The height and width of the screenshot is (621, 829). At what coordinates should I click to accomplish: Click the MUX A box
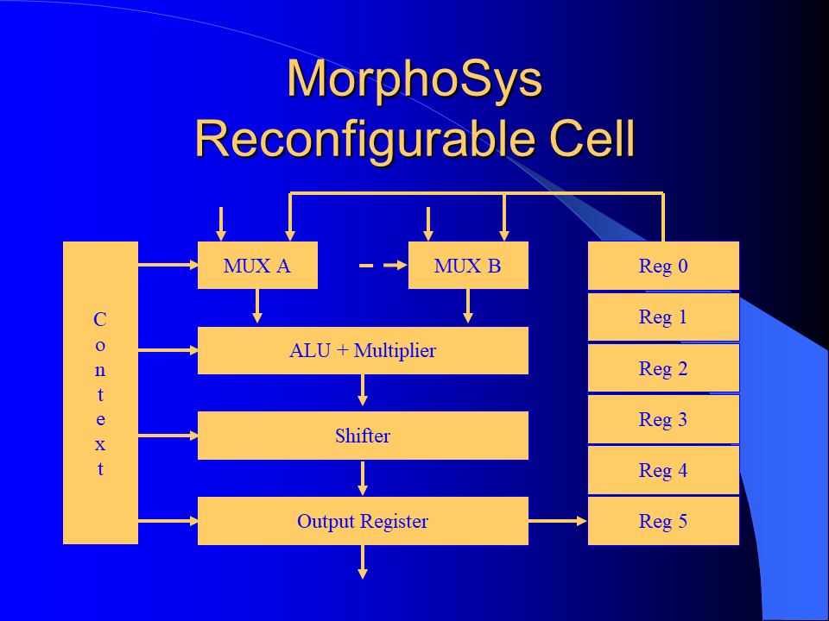click(257, 265)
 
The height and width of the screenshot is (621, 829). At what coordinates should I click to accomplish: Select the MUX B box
click(468, 265)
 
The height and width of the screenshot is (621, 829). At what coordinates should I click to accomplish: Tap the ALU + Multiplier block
click(363, 351)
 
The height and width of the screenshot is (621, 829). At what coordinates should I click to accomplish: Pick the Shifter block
click(363, 436)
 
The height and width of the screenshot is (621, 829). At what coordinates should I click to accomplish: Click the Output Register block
click(363, 521)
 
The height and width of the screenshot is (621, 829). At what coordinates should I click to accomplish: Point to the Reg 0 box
click(663, 266)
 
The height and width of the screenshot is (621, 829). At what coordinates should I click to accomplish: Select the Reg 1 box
click(663, 317)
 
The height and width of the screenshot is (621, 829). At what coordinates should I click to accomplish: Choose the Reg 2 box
click(663, 368)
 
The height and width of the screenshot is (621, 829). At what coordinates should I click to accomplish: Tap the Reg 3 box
click(663, 419)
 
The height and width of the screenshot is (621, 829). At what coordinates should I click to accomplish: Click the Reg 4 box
click(663, 470)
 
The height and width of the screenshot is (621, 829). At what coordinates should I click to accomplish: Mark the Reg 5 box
click(663, 521)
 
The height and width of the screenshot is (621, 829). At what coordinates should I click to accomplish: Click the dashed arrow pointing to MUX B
click(383, 265)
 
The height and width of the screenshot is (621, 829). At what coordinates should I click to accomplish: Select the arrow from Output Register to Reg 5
click(558, 521)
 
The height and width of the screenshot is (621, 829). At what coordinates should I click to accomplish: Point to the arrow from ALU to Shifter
click(363, 390)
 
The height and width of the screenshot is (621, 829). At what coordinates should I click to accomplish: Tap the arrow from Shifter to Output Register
click(363, 478)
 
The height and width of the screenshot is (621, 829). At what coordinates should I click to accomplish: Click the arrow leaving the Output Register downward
click(363, 561)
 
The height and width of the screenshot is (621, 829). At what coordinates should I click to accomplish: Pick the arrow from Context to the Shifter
click(168, 436)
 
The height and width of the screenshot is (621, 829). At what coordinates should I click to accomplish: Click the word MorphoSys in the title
click(415, 79)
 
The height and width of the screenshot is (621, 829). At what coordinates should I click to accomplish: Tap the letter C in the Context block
click(100, 319)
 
